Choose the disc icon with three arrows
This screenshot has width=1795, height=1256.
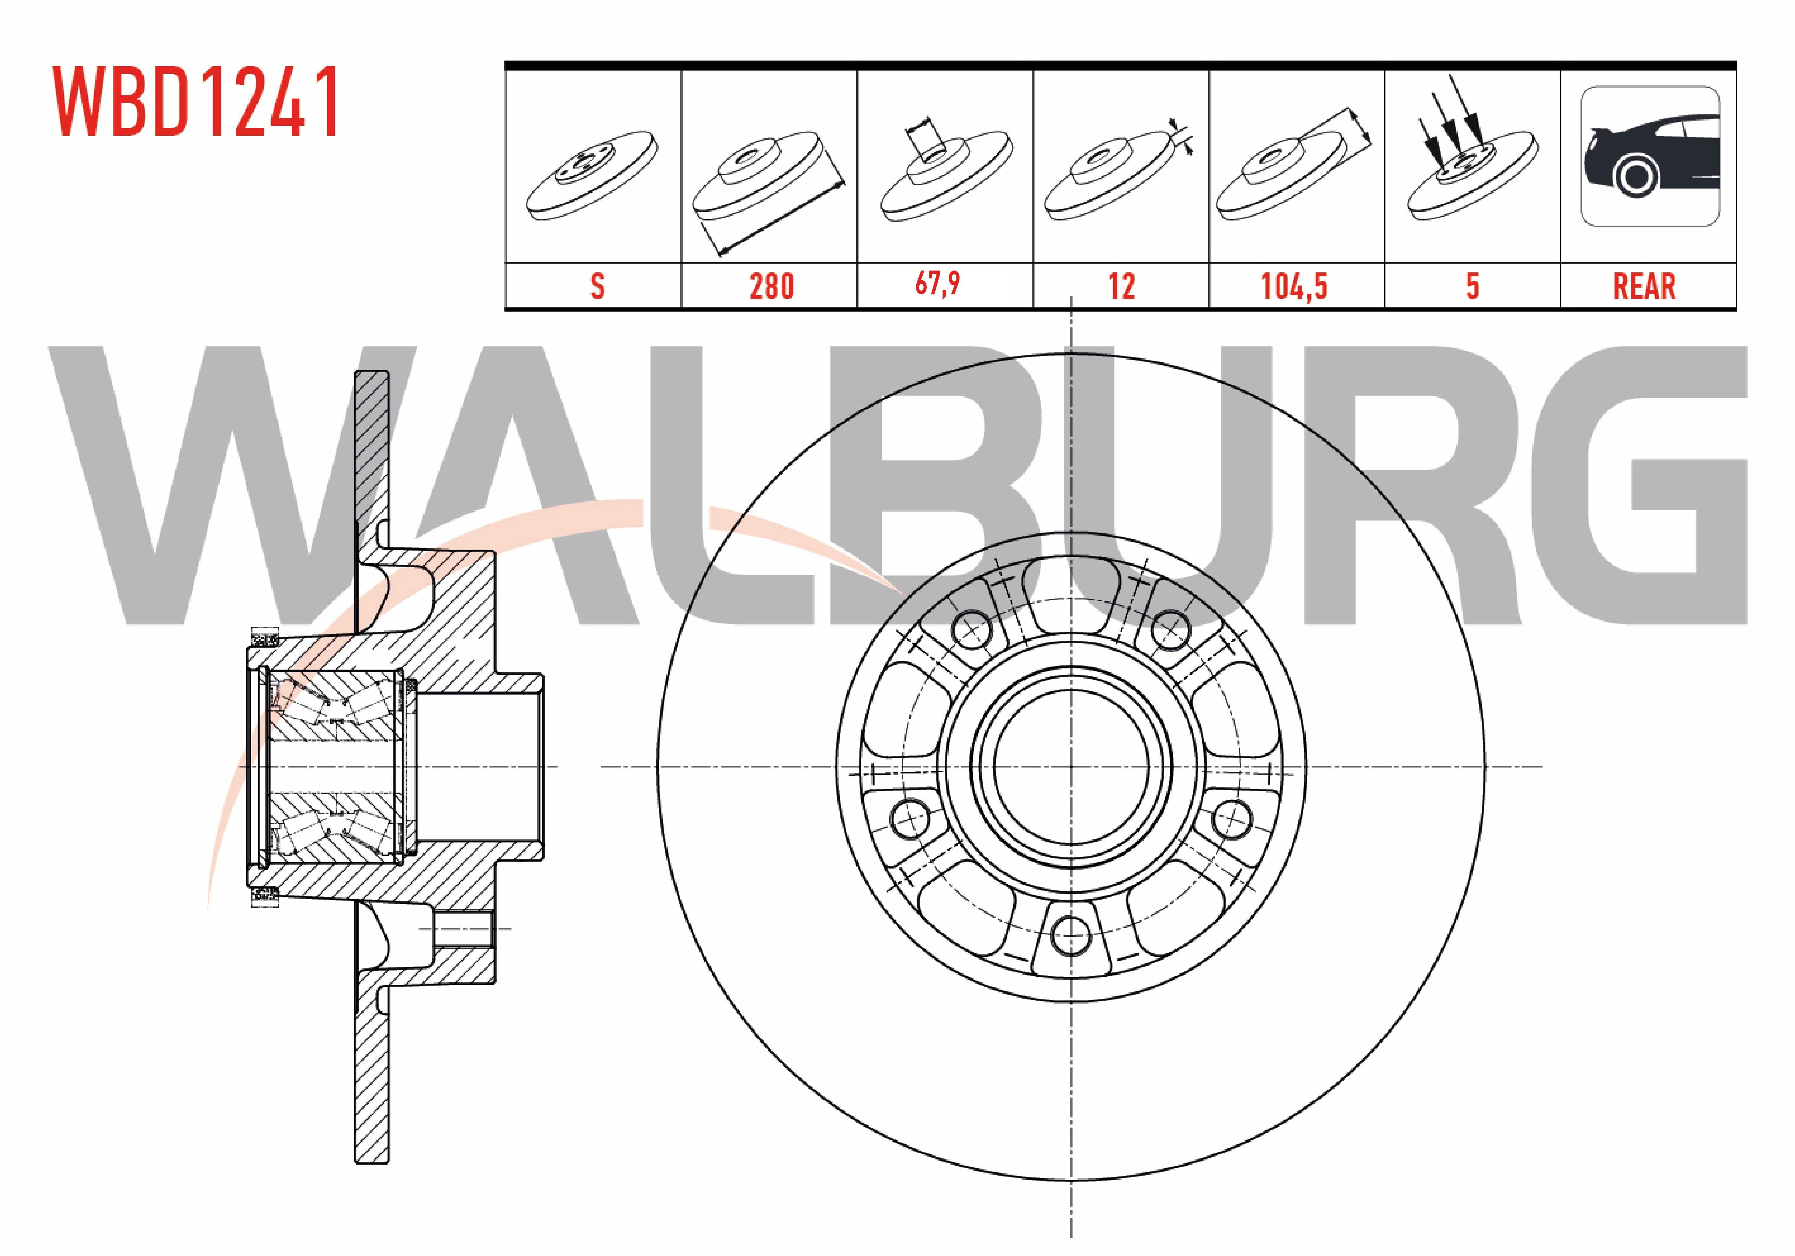click(1470, 148)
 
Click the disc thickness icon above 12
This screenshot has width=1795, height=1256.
click(1118, 172)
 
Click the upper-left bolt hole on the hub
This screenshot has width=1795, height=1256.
click(972, 628)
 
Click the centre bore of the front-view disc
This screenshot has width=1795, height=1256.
click(1071, 766)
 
